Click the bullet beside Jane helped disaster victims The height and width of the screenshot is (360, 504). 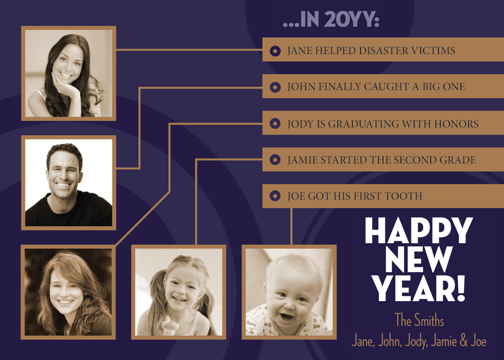pos(275,51)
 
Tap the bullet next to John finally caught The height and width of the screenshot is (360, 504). pos(275,87)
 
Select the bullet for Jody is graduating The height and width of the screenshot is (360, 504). pos(275,123)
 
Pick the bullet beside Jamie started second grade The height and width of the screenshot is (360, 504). pos(275,160)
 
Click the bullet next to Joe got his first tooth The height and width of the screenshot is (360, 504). pos(275,196)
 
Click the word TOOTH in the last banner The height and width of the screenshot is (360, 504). pos(403,196)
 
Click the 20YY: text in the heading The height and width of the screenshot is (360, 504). pos(351,20)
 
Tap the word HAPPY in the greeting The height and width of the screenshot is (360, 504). pos(419,230)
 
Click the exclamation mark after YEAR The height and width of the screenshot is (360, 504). pos(461,289)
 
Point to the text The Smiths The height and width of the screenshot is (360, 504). pos(419,321)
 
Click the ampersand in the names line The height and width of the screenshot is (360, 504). pos(464,341)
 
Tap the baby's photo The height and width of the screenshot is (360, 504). pos(289,292)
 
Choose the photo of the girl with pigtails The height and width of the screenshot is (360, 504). pos(179,292)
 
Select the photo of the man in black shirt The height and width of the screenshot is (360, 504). pos(68,183)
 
